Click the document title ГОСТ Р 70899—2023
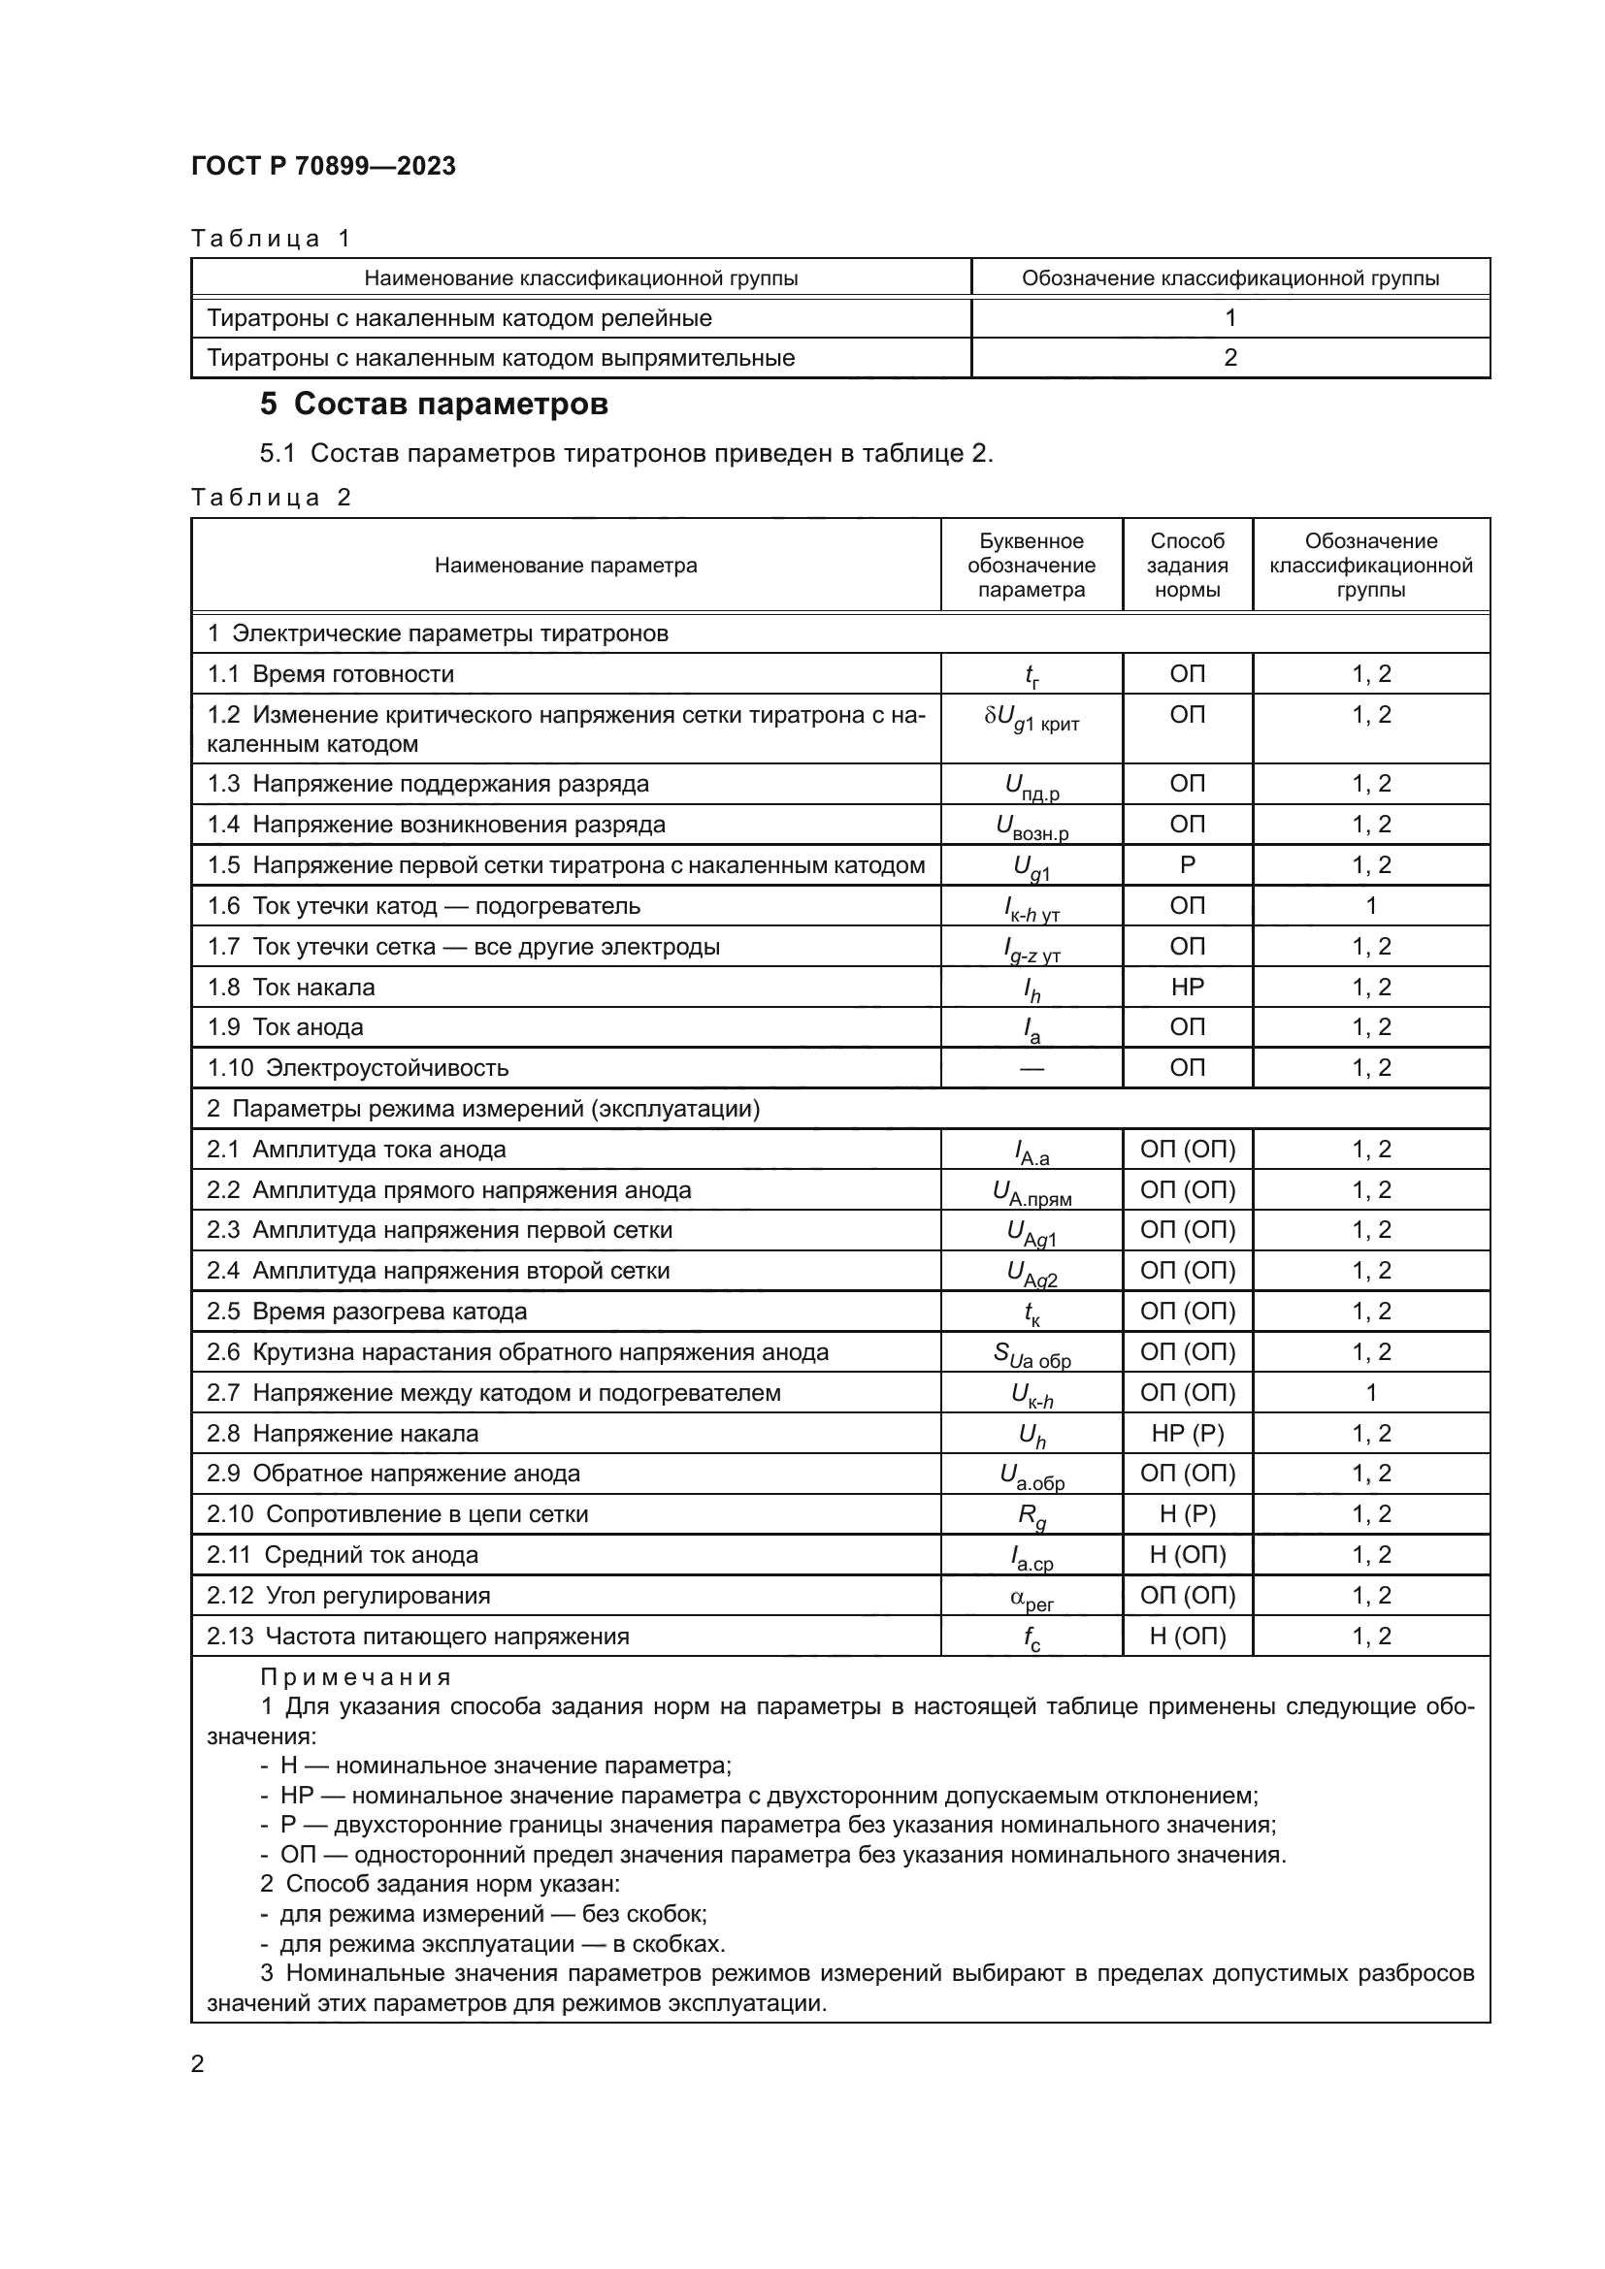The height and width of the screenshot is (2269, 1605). click(x=323, y=166)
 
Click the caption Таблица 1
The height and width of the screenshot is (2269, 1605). click(x=271, y=239)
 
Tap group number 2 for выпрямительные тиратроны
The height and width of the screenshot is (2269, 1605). click(x=1229, y=358)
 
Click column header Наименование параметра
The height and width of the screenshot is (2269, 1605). click(x=566, y=566)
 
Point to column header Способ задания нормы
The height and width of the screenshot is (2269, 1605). click(x=1187, y=566)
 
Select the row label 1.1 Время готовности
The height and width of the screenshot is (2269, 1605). click(x=331, y=674)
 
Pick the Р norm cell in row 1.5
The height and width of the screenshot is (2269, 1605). click(x=1187, y=864)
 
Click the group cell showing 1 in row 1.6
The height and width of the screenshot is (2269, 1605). click(x=1371, y=905)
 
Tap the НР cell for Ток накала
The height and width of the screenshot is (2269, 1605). click(x=1187, y=987)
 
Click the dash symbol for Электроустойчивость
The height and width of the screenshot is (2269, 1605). click(x=1031, y=1068)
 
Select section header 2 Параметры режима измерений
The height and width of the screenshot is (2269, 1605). click(x=483, y=1109)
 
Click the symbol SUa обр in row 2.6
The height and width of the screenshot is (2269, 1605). click(x=1031, y=1354)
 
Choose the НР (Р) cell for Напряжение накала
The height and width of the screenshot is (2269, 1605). click(x=1187, y=1433)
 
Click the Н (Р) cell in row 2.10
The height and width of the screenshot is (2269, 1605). click(x=1187, y=1514)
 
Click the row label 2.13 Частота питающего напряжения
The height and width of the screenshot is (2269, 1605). click(x=418, y=1637)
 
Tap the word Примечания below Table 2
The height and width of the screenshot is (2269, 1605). click(x=356, y=1677)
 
